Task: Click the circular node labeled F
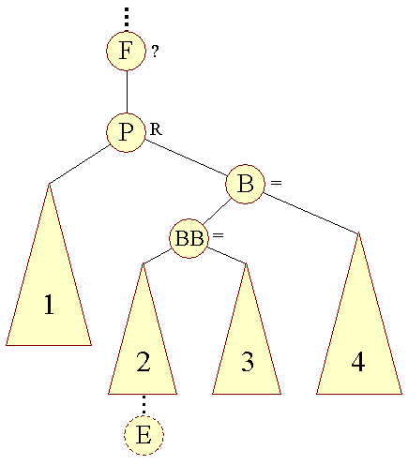[126, 51]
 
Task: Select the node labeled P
[126, 132]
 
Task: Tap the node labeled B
[245, 184]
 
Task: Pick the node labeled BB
[189, 238]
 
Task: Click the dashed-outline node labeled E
[144, 435]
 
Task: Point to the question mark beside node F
[155, 51]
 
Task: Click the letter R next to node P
[156, 129]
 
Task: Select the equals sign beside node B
[276, 183]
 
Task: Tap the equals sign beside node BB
[218, 235]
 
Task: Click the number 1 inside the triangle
[49, 305]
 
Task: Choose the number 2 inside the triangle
[144, 362]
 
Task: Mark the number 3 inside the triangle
[248, 362]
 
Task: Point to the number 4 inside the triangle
[358, 362]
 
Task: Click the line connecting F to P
[127, 92]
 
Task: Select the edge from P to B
[186, 157]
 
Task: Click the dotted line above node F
[127, 20]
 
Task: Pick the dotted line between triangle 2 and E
[144, 405]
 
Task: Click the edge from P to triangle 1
[79, 164]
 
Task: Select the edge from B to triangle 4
[310, 213]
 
